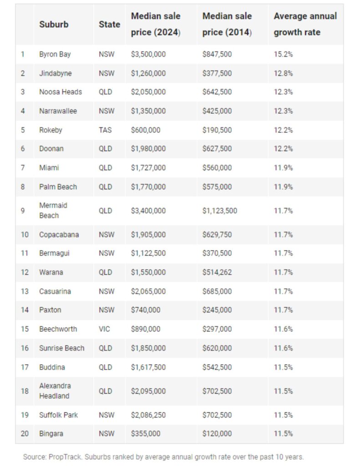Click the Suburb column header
(54, 25)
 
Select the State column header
(109, 25)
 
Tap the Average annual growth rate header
(305, 24)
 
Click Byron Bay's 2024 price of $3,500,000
(148, 55)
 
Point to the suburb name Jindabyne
(55, 73)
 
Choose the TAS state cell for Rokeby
(105, 130)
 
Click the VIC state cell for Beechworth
(104, 329)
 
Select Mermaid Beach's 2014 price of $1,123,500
(220, 211)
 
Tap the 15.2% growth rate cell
(283, 55)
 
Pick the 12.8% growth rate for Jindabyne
(283, 73)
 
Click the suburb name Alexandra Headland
(55, 391)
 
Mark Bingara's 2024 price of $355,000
(146, 434)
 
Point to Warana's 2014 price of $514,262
(217, 272)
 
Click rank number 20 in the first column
(25, 434)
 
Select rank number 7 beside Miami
(23, 167)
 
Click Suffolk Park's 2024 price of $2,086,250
(148, 415)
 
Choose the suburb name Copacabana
(59, 234)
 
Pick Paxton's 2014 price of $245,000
(217, 310)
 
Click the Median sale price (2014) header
(227, 24)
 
